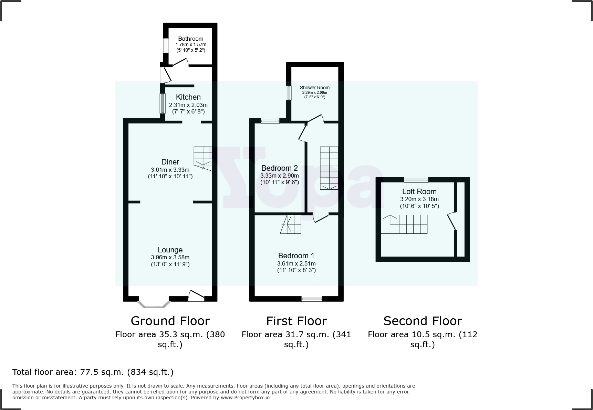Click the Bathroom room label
pyautogui.click(x=190, y=39)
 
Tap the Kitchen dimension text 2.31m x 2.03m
pyautogui.click(x=188, y=105)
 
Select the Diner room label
pyautogui.click(x=170, y=162)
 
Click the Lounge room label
pyautogui.click(x=170, y=250)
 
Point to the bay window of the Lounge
pyautogui.click(x=154, y=304)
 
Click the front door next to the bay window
pyautogui.click(x=196, y=296)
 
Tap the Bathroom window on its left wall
pyautogui.click(x=166, y=45)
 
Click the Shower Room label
pyautogui.click(x=314, y=88)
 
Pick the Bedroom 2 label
pyautogui.click(x=279, y=168)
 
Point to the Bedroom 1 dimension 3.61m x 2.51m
pyautogui.click(x=296, y=263)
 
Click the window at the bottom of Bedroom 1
pyautogui.click(x=312, y=299)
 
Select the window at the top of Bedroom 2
pyautogui.click(x=270, y=121)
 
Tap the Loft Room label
pyautogui.click(x=419, y=191)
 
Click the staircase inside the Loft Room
pyautogui.click(x=404, y=224)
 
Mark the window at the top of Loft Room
pyautogui.click(x=416, y=180)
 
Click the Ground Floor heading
pyautogui.click(x=170, y=321)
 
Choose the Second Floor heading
pyautogui.click(x=423, y=321)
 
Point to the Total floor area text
pyautogui.click(x=93, y=372)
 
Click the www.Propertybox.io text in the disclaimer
pyautogui.click(x=245, y=398)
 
